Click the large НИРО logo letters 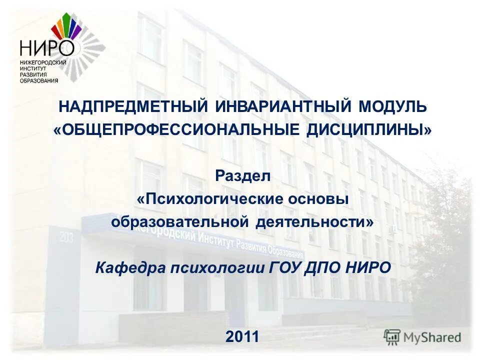coord(46,48)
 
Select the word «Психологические coord(208,199)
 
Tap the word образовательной coord(180,222)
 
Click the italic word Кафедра coord(130,267)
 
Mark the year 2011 coord(242,336)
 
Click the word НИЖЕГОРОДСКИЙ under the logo coord(43,61)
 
